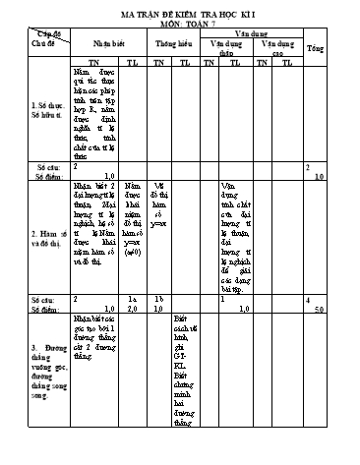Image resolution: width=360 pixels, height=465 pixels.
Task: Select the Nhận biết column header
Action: [x=96, y=45]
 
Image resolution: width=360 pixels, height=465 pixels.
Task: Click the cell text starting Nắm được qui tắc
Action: [x=94, y=108]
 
